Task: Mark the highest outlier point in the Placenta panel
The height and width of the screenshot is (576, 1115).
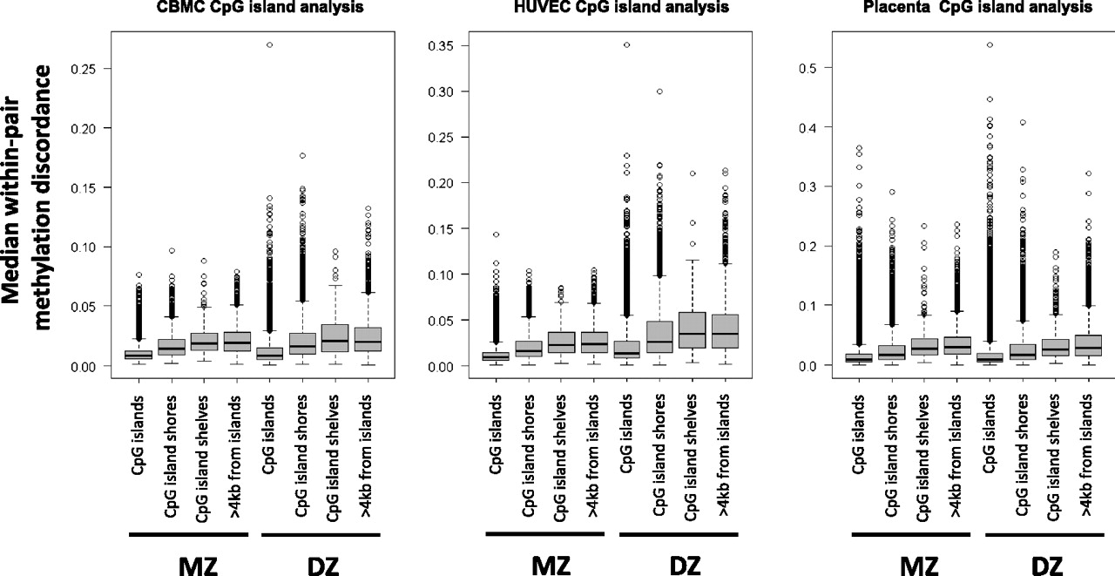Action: (989, 44)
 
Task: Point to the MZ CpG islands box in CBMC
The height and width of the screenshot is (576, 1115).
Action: (139, 355)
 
